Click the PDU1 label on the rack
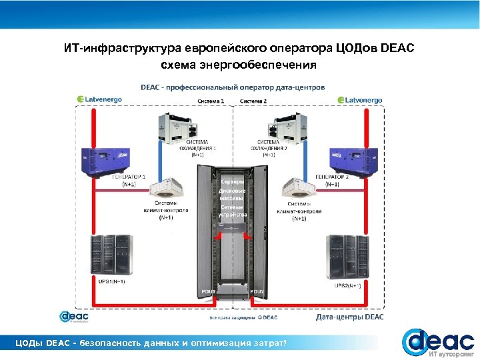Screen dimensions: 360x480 (208, 291)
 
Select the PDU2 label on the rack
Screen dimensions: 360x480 (257, 291)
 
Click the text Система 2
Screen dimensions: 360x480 (253, 101)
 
